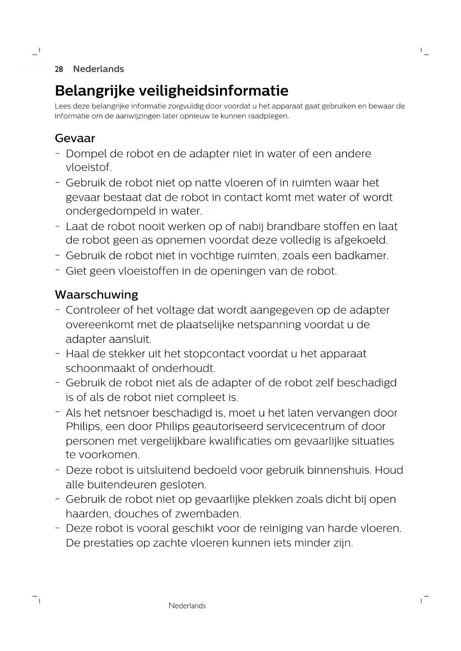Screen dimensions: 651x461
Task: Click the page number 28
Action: click(x=59, y=69)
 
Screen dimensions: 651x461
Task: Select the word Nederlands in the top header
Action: click(x=98, y=69)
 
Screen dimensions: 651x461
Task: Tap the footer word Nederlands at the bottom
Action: click(x=187, y=606)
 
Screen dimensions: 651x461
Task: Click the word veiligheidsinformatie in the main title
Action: click(x=213, y=91)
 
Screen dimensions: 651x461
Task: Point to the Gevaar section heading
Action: click(x=75, y=138)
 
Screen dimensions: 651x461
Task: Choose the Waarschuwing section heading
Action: click(x=96, y=295)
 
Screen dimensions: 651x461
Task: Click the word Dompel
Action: click(x=86, y=154)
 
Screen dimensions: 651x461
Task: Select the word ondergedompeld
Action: click(x=111, y=211)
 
